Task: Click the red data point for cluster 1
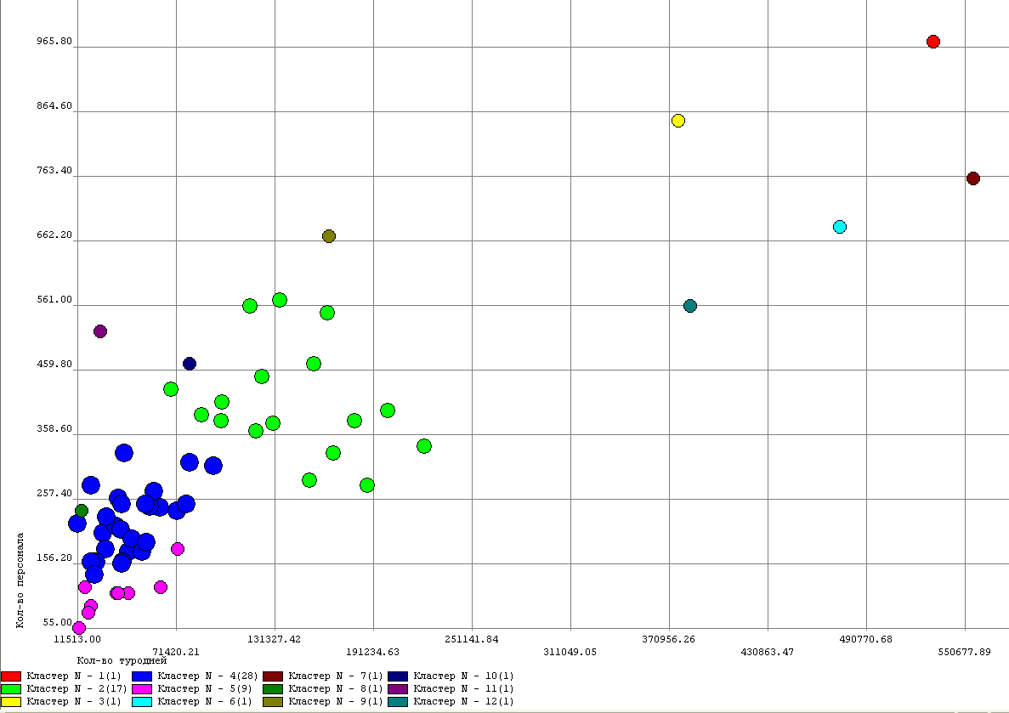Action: point(932,42)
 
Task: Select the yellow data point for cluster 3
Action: point(677,121)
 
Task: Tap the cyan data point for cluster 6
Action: point(839,227)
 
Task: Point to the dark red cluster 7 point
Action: point(972,178)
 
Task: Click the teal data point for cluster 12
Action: point(689,306)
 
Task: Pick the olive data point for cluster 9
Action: point(328,236)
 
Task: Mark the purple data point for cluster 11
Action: point(99,331)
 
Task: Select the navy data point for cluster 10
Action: point(189,364)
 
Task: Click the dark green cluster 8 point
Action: point(81,511)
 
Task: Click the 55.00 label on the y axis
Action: point(58,623)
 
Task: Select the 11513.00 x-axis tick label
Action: point(77,639)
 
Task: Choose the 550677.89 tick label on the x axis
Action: point(965,652)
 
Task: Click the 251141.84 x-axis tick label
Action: point(472,639)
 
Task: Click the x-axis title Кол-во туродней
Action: point(122,660)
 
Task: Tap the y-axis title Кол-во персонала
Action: point(20,580)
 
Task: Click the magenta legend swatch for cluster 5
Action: point(142,688)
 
